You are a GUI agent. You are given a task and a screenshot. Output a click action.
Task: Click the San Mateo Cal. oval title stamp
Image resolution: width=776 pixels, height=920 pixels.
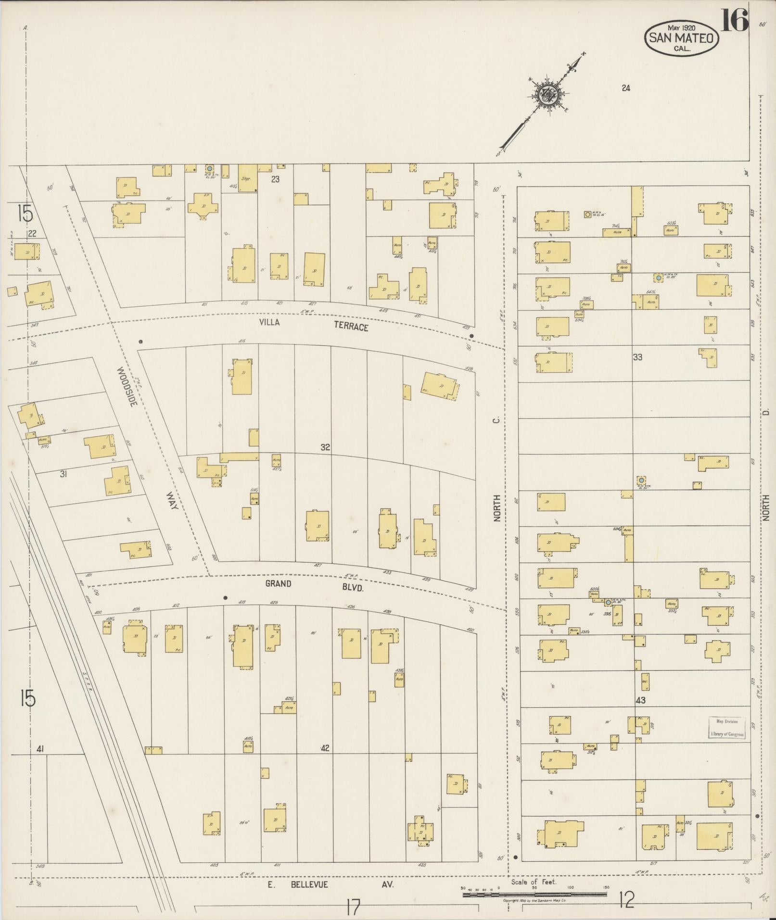682,37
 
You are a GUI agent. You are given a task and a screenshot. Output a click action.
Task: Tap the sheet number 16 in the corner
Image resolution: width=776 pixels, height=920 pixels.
735,20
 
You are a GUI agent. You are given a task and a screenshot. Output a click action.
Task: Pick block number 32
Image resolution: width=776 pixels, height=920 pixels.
326,447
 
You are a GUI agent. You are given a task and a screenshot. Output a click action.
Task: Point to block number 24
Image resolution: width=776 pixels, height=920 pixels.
625,88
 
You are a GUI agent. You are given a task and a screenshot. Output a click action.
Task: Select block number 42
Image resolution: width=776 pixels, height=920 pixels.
325,761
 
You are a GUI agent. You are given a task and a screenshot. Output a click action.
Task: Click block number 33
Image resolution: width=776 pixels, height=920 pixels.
637,357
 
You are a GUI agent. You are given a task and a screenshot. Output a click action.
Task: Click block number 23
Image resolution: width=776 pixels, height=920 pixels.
275,179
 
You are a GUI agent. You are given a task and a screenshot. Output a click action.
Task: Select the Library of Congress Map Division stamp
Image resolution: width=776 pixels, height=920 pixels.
726,728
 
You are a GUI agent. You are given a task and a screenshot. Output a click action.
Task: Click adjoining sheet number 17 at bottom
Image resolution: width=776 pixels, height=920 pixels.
352,907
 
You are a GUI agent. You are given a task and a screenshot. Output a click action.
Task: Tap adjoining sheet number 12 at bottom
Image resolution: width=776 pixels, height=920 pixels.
626,899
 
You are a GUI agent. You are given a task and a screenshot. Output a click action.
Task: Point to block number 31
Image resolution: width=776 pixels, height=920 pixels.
63,474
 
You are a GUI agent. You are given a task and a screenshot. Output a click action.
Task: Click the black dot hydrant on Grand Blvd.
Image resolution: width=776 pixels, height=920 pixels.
225,598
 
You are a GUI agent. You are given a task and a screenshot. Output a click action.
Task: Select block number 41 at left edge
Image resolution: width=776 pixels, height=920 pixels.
40,748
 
